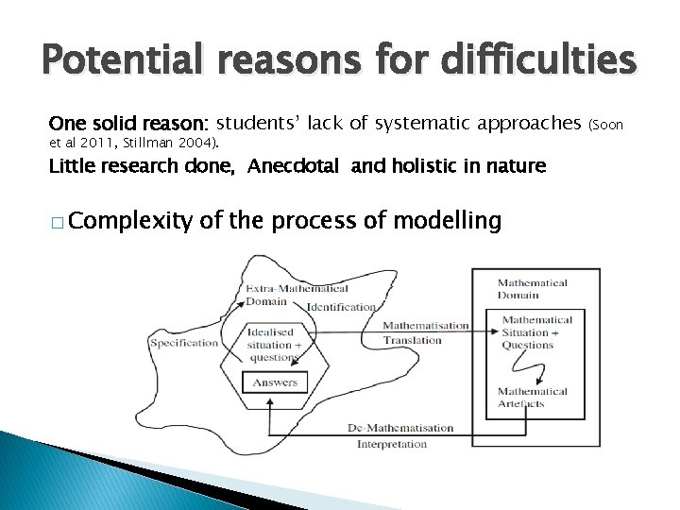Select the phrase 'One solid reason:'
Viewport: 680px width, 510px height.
tap(129, 124)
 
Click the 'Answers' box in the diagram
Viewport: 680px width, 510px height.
tap(274, 382)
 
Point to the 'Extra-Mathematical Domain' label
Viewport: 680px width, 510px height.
tap(297, 295)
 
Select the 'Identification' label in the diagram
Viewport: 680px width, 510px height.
tap(341, 307)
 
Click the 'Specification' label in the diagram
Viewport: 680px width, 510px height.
tap(183, 343)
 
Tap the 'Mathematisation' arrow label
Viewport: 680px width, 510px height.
tap(425, 326)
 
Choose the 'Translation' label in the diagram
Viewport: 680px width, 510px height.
tap(412, 340)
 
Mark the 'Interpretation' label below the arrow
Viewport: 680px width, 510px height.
tap(392, 444)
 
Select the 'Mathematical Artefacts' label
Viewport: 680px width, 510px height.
tap(533, 398)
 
